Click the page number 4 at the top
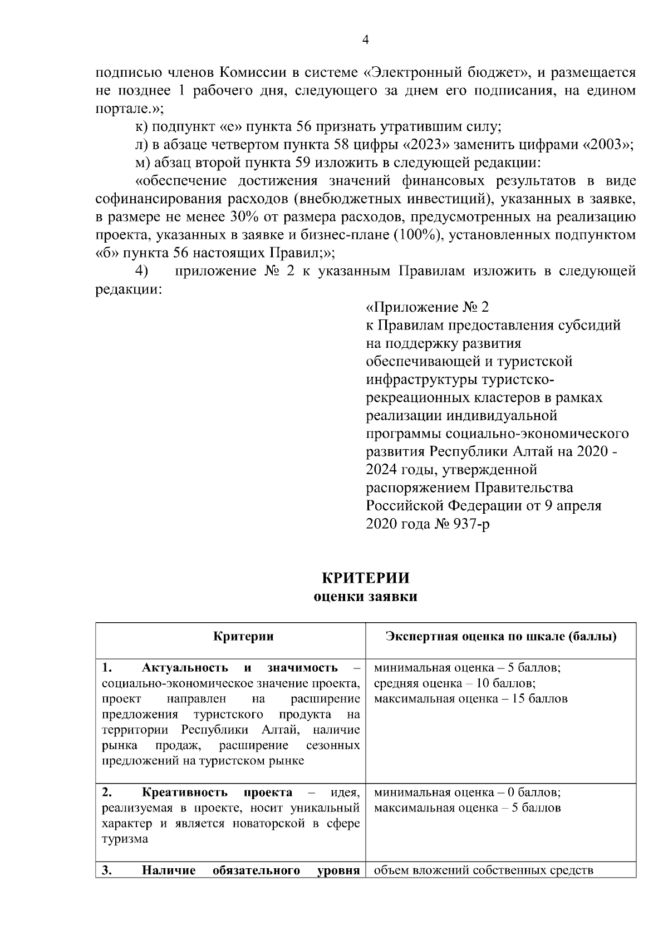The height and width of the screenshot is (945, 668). click(x=365, y=40)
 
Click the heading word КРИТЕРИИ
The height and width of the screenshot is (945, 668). click(x=365, y=578)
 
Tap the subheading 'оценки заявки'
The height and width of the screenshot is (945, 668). click(x=365, y=597)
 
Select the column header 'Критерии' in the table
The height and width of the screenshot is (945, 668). click(x=243, y=636)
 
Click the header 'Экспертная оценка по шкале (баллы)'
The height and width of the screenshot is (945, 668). click(x=501, y=636)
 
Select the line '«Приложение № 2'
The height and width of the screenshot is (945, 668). click(x=427, y=307)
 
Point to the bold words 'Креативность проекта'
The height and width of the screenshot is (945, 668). click(x=217, y=792)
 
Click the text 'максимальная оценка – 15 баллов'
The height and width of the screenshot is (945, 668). click(x=470, y=698)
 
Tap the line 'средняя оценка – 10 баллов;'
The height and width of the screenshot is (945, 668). click(x=455, y=683)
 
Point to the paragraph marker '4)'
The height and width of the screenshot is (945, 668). click(x=142, y=271)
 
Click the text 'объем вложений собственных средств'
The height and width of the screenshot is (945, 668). click(x=483, y=870)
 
